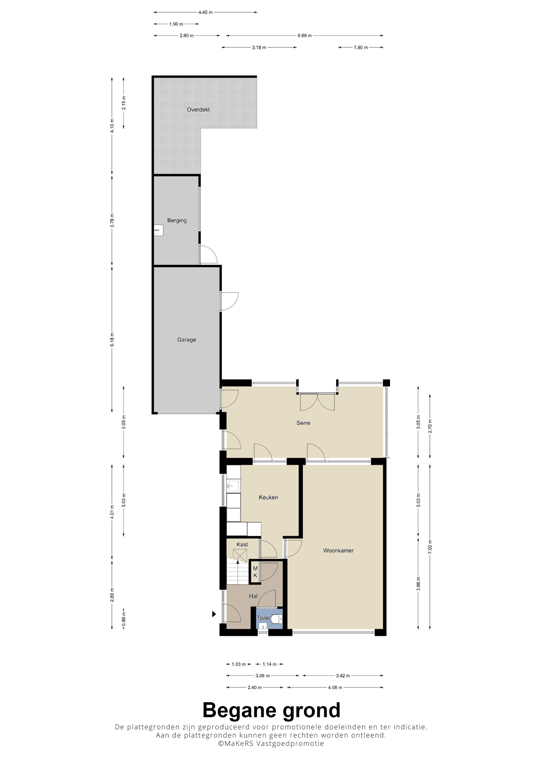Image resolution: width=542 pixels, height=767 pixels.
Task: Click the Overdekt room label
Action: pyautogui.click(x=198, y=109)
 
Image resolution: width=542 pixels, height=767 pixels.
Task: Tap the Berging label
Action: pyautogui.click(x=177, y=221)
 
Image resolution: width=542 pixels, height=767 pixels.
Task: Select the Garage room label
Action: pyautogui.click(x=186, y=340)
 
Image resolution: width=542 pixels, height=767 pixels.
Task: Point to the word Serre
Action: pyautogui.click(x=303, y=423)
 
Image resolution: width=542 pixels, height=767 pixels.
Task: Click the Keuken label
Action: pyautogui.click(x=268, y=497)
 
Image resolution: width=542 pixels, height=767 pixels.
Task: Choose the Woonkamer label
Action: pyautogui.click(x=338, y=550)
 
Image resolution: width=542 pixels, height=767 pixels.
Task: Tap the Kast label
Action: pyautogui.click(x=242, y=544)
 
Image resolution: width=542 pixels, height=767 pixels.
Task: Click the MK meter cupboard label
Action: pyautogui.click(x=255, y=572)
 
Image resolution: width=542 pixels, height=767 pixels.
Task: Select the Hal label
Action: pyautogui.click(x=253, y=596)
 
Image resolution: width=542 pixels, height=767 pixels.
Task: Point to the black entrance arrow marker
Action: pyautogui.click(x=214, y=614)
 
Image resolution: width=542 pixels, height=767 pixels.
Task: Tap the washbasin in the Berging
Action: pyautogui.click(x=158, y=230)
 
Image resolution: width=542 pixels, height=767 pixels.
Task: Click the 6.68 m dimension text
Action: pyautogui.click(x=305, y=36)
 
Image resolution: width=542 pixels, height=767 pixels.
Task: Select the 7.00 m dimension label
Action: pyautogui.click(x=430, y=547)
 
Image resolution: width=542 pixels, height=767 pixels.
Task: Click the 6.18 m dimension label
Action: pyautogui.click(x=112, y=339)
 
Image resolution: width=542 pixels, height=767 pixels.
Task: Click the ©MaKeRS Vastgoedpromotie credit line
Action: pyautogui.click(x=271, y=744)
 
